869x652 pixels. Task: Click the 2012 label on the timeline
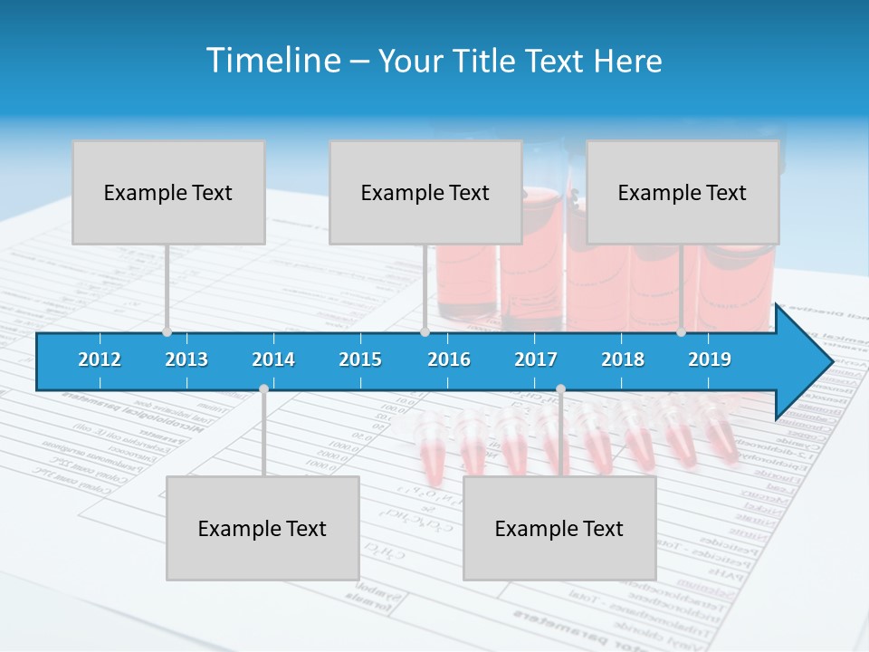100,360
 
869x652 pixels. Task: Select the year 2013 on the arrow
186,360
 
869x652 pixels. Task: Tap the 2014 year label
273,360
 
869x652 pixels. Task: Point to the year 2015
360,360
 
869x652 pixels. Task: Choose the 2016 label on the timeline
449,360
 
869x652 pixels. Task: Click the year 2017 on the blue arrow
536,360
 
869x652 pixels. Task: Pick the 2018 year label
623,360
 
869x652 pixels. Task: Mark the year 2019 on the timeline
710,360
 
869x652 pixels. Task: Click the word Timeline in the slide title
272,61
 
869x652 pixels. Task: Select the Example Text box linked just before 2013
168,192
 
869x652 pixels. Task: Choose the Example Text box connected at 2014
263,528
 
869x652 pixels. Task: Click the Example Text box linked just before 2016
425,192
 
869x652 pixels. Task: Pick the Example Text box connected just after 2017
559,528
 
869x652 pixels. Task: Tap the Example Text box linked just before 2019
683,192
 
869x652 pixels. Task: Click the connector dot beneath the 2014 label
263,389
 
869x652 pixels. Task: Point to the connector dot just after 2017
560,389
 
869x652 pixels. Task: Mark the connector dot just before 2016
425,332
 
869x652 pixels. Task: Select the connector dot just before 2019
681,332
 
